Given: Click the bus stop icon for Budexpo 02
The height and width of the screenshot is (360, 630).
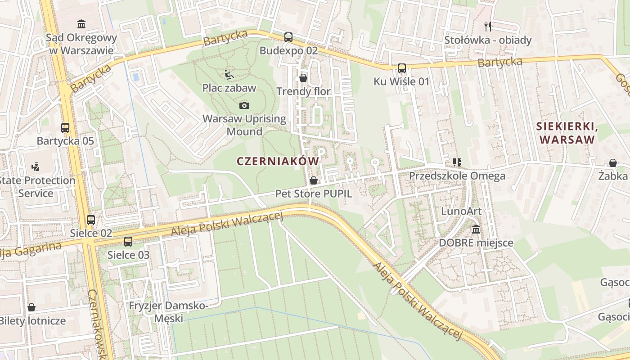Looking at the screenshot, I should (288, 37).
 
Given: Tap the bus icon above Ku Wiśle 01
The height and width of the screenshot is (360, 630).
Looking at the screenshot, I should (402, 68).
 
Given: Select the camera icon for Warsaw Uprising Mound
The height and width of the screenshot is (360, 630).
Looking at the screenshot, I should (244, 105).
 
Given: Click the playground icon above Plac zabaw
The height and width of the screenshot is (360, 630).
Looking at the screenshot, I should (229, 74).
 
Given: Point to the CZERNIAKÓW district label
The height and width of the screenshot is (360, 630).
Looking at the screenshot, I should (277, 161).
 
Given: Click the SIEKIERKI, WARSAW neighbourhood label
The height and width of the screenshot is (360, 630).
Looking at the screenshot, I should (567, 133).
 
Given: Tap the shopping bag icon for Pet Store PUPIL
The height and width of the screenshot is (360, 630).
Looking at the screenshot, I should (314, 180).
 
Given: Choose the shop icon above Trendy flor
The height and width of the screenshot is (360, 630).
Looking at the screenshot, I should (303, 78).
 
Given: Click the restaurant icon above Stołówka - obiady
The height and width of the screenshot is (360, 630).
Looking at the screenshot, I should (488, 26).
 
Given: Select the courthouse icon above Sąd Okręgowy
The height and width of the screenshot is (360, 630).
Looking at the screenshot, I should (81, 24).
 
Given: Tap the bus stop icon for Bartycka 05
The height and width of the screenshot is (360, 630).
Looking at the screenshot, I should (65, 127).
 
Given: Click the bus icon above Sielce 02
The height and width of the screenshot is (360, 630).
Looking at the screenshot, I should (91, 220).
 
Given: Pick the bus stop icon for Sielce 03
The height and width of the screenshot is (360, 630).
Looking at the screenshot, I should (128, 241).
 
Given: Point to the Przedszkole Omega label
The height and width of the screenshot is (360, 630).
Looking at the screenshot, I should (457, 175).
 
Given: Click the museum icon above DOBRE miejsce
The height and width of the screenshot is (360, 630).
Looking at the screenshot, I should (476, 229).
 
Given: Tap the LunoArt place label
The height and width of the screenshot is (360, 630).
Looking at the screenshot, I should (461, 211).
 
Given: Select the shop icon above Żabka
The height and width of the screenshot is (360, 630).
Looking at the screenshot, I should (612, 162).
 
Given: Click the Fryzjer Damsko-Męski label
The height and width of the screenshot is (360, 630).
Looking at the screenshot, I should (168, 312).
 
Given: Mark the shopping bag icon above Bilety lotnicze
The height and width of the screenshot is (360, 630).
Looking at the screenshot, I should (31, 307).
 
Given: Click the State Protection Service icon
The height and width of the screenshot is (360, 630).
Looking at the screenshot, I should (36, 167).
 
